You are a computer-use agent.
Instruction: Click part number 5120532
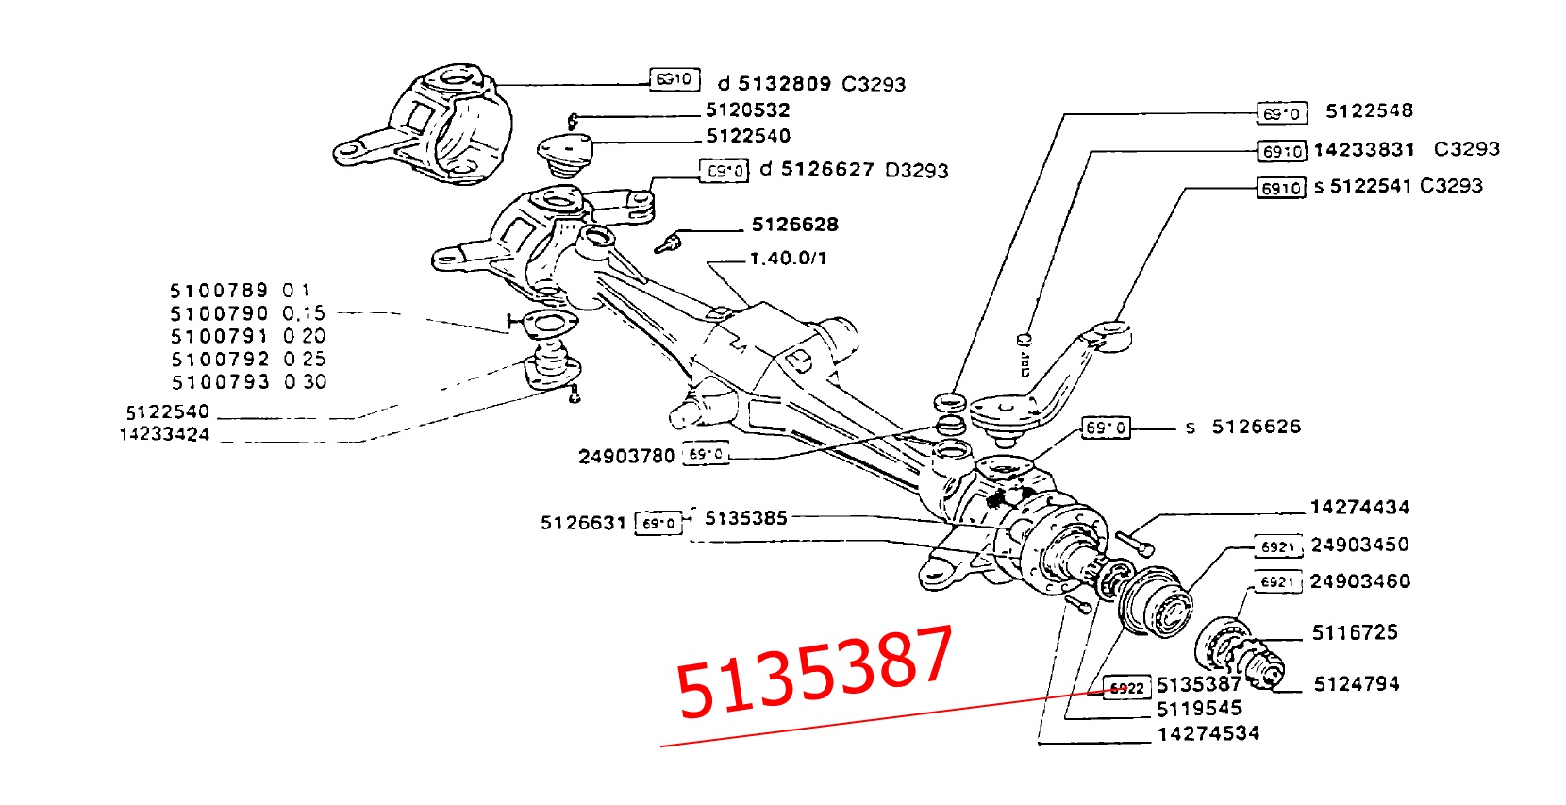tap(747, 110)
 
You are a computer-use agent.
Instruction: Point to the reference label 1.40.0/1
tap(788, 259)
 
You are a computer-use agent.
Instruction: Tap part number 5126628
tap(794, 225)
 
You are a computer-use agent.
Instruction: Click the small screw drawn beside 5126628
tap(667, 243)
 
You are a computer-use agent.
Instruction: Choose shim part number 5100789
tap(219, 291)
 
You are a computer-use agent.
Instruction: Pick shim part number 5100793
tap(220, 382)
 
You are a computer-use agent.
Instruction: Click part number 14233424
tap(164, 435)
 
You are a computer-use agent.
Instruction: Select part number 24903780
tap(626, 457)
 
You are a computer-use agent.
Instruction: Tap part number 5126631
tap(583, 523)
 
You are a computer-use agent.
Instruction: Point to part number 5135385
tap(745, 518)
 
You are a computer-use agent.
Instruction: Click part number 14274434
tap(1359, 508)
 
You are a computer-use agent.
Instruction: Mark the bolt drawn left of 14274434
tap(1135, 542)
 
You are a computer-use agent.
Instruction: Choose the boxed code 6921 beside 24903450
tap(1277, 547)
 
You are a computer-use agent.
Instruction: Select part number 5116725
tap(1355, 633)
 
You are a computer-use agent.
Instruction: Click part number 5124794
tap(1357, 684)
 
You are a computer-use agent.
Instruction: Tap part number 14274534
tap(1208, 734)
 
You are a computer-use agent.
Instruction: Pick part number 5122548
tap(1369, 111)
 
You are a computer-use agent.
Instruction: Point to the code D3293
tap(917, 171)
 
